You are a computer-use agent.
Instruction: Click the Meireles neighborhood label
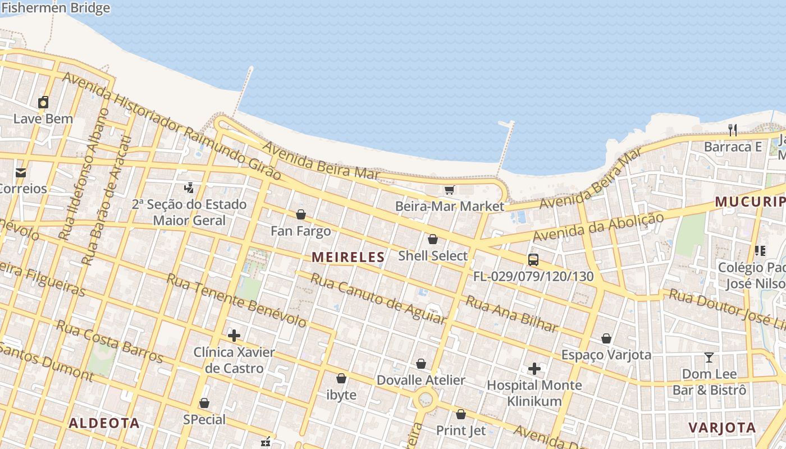coord(348,257)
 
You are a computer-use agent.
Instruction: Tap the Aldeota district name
coord(104,423)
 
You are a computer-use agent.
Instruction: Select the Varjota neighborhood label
coord(722,427)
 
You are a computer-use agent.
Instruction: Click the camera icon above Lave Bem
coord(43,102)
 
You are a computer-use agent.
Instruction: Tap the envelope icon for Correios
coord(21,172)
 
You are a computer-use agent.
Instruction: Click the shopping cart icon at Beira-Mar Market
coord(449,190)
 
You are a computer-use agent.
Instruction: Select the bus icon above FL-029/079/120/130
coord(533,260)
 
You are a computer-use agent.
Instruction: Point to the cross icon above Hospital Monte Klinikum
coord(534,369)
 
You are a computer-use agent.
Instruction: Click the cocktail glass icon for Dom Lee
coord(709,358)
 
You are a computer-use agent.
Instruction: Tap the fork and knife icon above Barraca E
coord(733,130)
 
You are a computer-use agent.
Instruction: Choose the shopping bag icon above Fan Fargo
coord(301,214)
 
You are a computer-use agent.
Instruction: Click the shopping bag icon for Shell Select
coord(433,240)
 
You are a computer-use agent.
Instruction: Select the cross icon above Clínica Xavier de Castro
coord(234,336)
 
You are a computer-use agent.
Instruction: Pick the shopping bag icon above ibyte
coord(341,378)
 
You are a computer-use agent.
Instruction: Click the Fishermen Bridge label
coord(55,8)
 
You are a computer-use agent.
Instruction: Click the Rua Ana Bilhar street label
coord(512,314)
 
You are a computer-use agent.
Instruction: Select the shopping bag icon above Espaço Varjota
coord(606,338)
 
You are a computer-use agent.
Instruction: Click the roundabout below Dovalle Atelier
coord(426,400)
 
